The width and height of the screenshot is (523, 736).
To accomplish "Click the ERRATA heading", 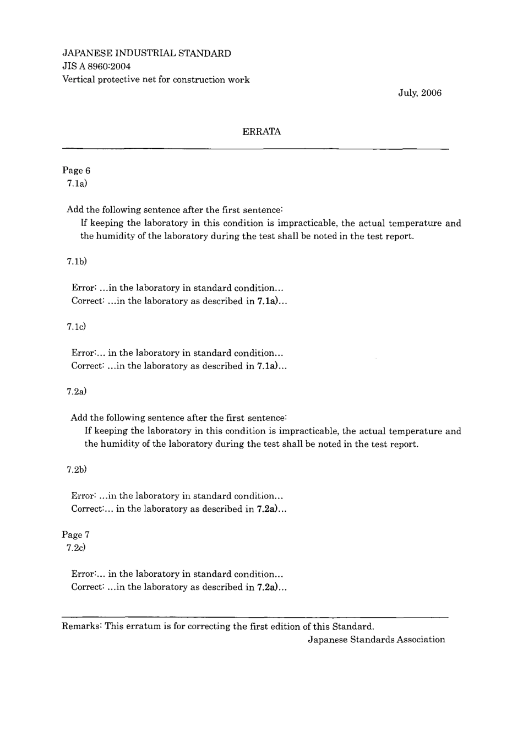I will [261, 132].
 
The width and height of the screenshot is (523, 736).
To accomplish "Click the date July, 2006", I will [420, 93].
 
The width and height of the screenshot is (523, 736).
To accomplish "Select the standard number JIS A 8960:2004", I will [96, 67].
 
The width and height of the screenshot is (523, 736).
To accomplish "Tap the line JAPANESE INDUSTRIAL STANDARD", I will [146, 53].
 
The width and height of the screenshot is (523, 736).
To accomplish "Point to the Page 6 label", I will [76, 171].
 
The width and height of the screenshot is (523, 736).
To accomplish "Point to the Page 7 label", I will [76, 535].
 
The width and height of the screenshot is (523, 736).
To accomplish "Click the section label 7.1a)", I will [77, 183].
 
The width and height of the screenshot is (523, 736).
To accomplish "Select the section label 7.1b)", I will [77, 261].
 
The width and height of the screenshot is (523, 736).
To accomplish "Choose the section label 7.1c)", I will [77, 327].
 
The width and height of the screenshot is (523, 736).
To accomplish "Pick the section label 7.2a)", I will [77, 392].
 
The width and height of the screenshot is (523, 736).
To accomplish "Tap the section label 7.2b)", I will [77, 470].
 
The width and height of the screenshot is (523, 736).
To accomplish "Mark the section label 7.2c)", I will [76, 548].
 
